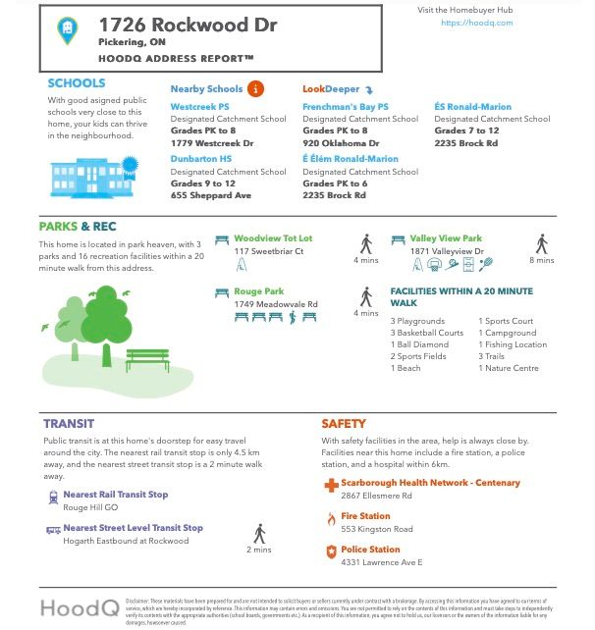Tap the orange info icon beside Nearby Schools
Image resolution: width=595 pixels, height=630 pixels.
[x=255, y=89]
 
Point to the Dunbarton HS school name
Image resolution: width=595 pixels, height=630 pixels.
[x=201, y=158]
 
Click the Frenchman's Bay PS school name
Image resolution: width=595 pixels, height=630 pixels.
[x=346, y=106]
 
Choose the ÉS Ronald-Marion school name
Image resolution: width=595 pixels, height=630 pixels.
[x=473, y=106]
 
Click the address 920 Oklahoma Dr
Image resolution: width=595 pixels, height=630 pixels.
[x=341, y=143]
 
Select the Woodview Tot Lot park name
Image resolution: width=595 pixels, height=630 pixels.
[x=273, y=238]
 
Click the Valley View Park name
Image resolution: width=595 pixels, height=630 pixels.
[x=446, y=238]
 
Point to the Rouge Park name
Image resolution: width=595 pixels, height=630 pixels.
[x=259, y=291]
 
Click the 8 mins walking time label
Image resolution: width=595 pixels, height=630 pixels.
[x=541, y=260]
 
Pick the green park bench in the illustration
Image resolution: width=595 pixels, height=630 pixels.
[x=146, y=358]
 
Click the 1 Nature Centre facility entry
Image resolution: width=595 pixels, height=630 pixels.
[x=512, y=368]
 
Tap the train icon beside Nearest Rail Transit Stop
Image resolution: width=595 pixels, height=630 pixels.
[x=52, y=498]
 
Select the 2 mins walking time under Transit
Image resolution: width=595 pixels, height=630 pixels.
[x=258, y=550]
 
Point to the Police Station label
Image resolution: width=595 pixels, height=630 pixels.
[x=370, y=550]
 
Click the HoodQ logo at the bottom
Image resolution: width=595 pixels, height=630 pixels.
[x=80, y=607]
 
